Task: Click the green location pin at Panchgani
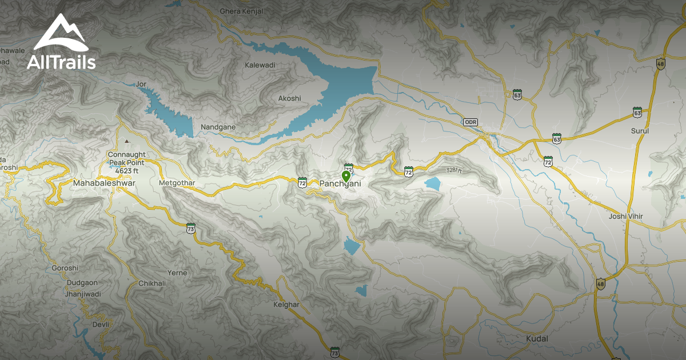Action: pos(346,175)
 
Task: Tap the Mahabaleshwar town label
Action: pos(104,183)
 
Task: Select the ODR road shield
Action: pos(470,122)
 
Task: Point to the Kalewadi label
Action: pos(260,65)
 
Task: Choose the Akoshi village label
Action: pos(289,98)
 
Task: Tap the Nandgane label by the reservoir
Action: pos(218,127)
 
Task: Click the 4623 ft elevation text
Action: pos(127,170)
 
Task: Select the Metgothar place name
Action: pos(177,183)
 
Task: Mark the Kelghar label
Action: pos(286,305)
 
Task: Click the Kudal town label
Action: pos(536,339)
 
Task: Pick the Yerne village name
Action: pos(177,273)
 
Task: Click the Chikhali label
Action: pos(152,283)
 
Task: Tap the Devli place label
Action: pos(100,325)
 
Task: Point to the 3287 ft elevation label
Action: pos(454,170)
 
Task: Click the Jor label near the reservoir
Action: pos(141,85)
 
